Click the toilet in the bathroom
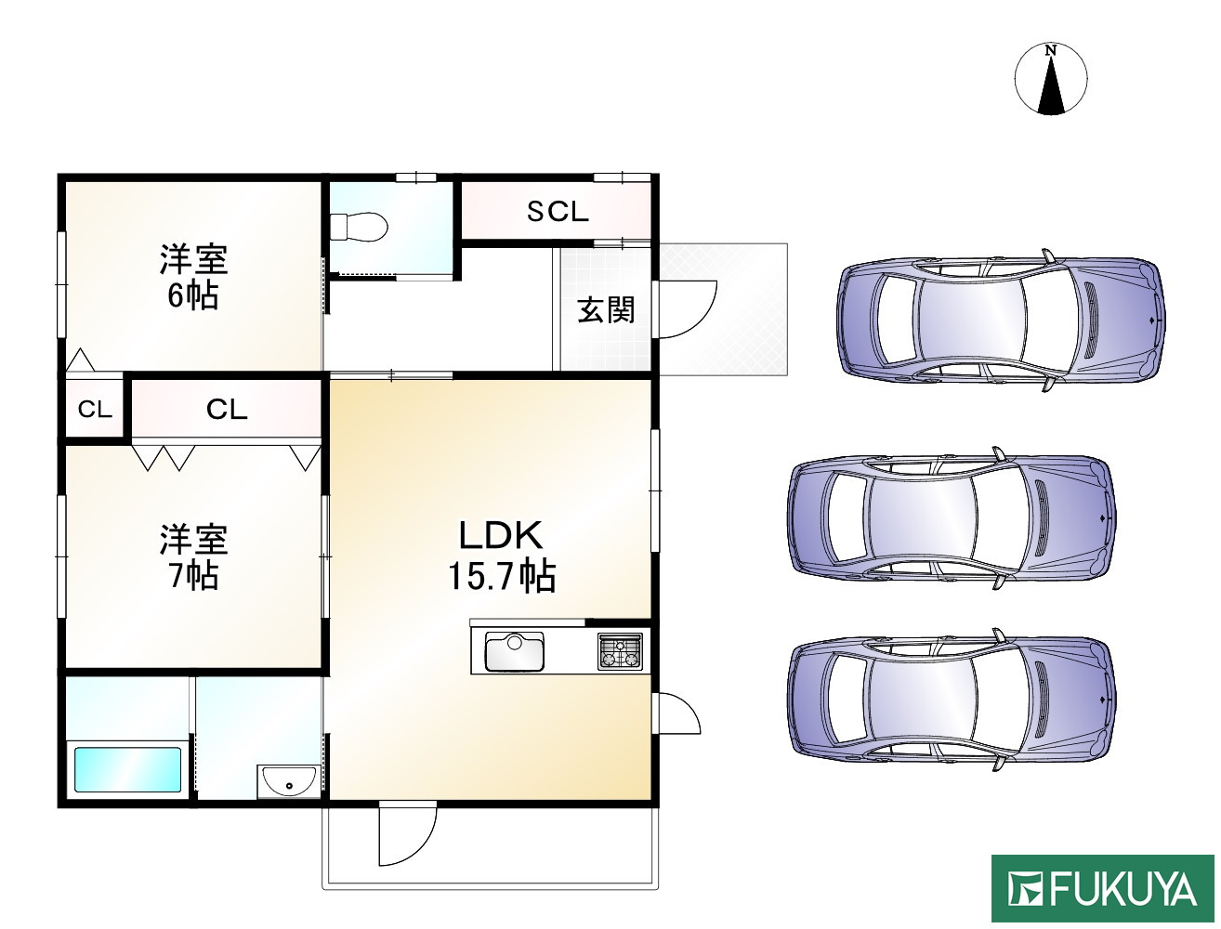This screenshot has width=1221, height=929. coord(359,227)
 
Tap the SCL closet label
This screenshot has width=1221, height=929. coord(558,211)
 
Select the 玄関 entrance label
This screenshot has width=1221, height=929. coord(606,309)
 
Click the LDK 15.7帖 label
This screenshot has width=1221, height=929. coord(502,556)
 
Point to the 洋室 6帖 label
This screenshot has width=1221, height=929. coord(193,276)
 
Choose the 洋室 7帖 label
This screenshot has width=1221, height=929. coord(193,556)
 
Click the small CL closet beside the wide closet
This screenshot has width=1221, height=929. coord(95,410)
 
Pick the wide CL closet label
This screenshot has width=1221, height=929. coord(227,410)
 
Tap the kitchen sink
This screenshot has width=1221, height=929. coord(515,651)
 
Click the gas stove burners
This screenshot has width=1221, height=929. coord(620,650)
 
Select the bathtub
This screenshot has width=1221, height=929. coord(127,769)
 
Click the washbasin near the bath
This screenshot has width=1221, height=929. coord(289,780)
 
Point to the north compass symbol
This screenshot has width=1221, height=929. coord(1051,80)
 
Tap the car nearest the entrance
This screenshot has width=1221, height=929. coord(1001,321)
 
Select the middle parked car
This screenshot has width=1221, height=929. coord(952,517)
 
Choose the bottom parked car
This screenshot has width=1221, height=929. coord(952,700)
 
